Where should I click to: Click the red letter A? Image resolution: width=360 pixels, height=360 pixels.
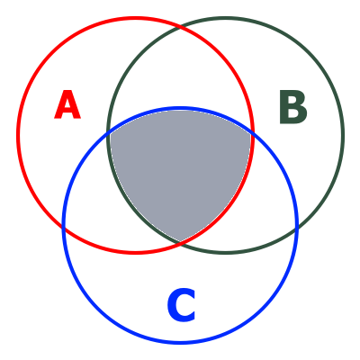(67, 104)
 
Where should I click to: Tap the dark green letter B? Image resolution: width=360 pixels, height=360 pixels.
(293, 107)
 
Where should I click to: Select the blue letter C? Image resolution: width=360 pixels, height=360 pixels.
(182, 305)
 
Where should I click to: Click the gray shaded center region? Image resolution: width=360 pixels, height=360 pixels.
(180, 168)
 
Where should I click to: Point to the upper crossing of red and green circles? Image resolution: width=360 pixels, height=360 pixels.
(180, 27)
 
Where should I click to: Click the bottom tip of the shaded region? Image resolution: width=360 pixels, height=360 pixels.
(180, 242)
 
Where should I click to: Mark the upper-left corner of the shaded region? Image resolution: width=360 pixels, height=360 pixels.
(109, 133)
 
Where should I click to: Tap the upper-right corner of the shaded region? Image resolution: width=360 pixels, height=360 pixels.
(252, 133)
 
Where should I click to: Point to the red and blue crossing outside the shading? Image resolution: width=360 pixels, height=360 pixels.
(64, 228)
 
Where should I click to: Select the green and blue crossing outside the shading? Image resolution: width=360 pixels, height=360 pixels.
(296, 228)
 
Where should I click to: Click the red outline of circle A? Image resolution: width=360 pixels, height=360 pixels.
(17, 135)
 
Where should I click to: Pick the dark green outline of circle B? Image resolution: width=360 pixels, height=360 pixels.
(343, 135)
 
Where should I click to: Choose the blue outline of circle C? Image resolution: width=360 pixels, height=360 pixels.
(180, 342)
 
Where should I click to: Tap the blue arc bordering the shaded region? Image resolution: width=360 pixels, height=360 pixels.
(180, 108)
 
